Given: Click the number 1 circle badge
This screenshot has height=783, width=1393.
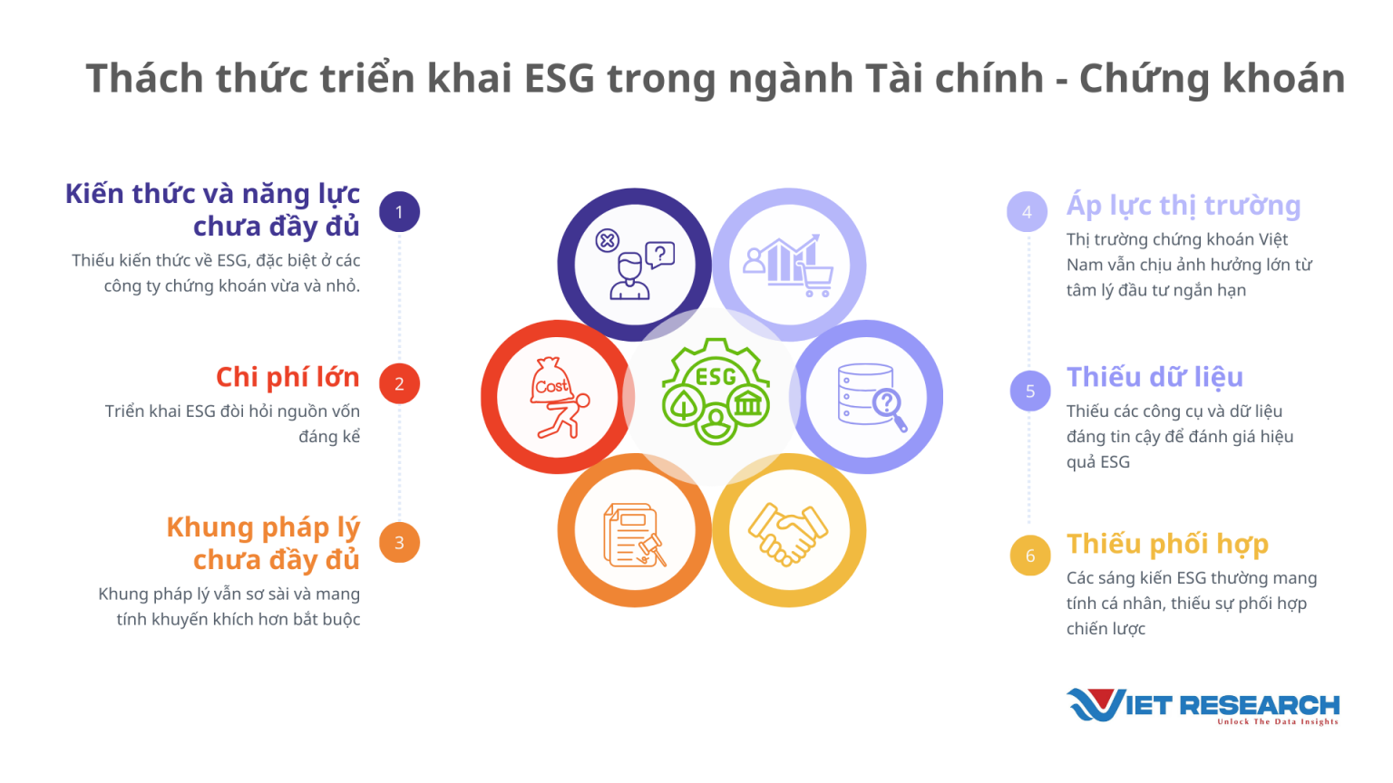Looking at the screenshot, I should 399,212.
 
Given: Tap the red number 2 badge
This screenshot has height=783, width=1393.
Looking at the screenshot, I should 399,383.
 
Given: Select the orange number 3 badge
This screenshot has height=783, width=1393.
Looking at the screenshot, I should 399,543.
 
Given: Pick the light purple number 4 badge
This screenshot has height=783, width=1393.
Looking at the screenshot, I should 1027,212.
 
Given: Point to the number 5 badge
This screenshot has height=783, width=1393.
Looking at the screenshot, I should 1030,391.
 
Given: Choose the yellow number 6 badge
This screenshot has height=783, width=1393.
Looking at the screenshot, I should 1030,556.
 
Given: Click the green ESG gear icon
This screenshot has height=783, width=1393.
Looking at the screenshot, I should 716,391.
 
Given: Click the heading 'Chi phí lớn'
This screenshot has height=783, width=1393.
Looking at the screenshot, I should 287,377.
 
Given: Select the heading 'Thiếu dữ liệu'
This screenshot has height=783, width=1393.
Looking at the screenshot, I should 1154,377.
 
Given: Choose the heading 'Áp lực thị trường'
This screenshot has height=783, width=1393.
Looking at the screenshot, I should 1184,206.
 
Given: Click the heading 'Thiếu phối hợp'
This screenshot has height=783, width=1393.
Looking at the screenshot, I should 1167,544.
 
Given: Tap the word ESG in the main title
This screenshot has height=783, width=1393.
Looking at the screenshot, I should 560,79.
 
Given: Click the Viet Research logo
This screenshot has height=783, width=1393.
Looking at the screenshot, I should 1203,705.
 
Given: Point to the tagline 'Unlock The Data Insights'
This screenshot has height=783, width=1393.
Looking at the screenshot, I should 1277,722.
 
